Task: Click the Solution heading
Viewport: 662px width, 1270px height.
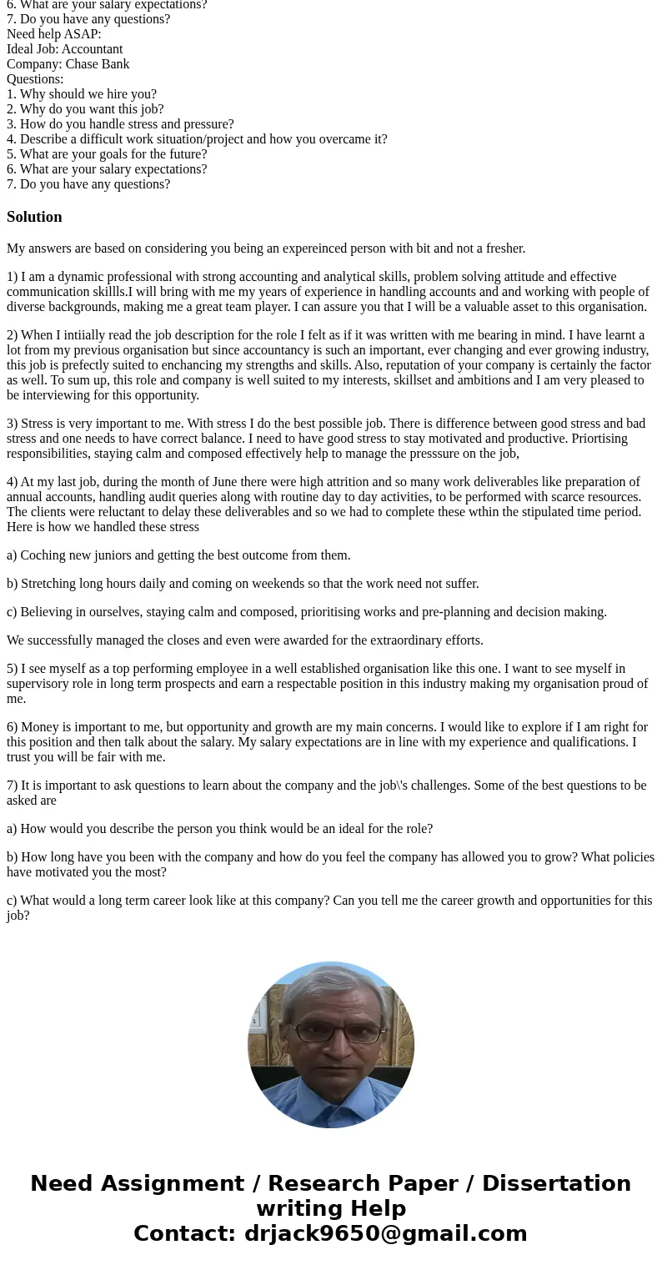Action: tap(34, 217)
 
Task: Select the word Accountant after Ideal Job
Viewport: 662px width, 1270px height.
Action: tap(92, 49)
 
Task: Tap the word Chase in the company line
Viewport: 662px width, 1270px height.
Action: tap(83, 64)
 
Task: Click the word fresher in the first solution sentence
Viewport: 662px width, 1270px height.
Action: tap(504, 248)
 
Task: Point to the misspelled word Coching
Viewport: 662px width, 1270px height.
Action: tap(43, 555)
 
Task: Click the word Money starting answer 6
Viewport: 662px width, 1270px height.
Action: tap(39, 727)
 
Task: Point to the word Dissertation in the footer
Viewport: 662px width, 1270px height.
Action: tap(556, 1184)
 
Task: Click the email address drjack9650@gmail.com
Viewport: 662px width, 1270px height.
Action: tap(385, 1234)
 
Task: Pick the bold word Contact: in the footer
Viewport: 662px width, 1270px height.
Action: tap(184, 1234)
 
